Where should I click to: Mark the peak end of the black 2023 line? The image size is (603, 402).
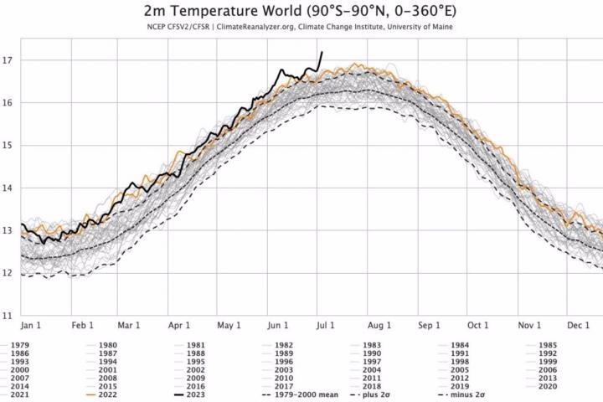pyautogui.click(x=322, y=52)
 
